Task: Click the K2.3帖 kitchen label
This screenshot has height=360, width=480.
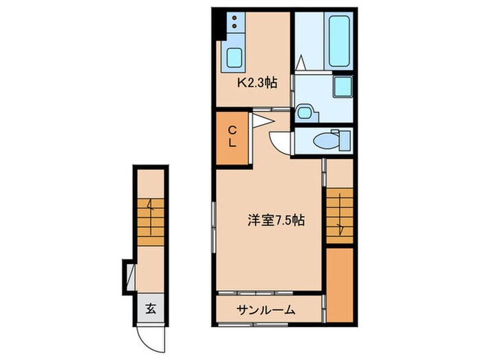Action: click(257, 84)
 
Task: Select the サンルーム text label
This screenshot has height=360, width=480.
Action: click(266, 310)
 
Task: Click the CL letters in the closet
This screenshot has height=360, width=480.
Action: click(232, 136)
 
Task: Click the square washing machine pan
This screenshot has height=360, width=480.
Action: click(341, 88)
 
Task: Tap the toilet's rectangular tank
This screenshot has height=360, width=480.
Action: click(336, 141)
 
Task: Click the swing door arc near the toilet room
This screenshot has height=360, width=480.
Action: click(279, 143)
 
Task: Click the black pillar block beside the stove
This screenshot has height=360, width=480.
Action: click(217, 25)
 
